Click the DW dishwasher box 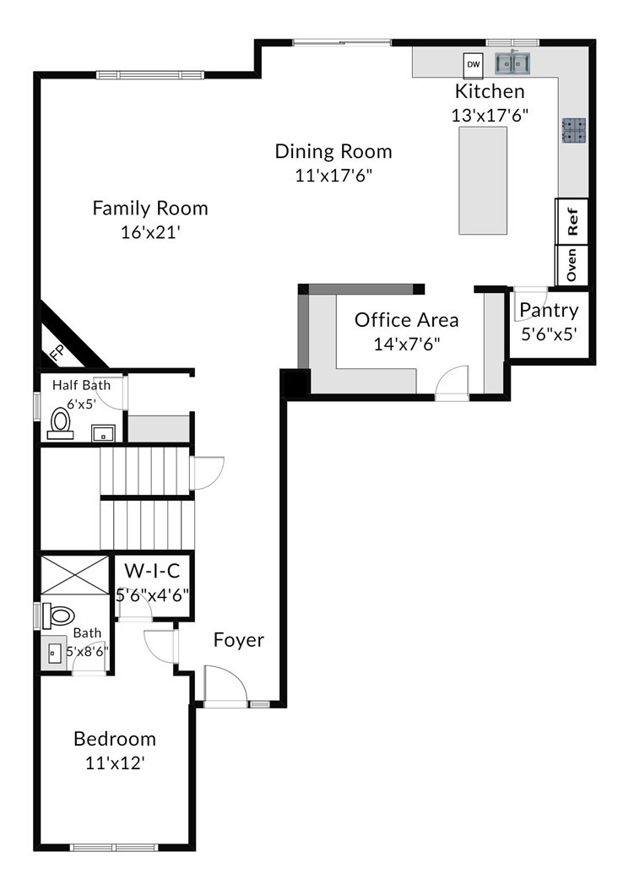(x=473, y=64)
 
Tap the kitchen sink (x=512, y=63)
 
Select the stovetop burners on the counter (x=574, y=130)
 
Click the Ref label (x=572, y=221)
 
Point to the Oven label (x=572, y=264)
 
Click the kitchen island (x=483, y=180)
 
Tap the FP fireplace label (x=57, y=353)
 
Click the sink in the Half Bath (x=103, y=434)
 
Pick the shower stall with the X (x=74, y=575)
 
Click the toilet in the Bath (x=58, y=616)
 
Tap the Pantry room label (x=549, y=310)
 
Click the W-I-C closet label (x=152, y=570)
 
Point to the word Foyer (x=238, y=640)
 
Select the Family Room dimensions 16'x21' (x=150, y=232)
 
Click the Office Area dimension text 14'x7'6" (x=407, y=344)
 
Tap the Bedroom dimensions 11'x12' (x=115, y=762)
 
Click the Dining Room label (x=333, y=151)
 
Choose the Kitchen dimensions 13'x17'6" (x=490, y=116)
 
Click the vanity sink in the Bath (x=55, y=654)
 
